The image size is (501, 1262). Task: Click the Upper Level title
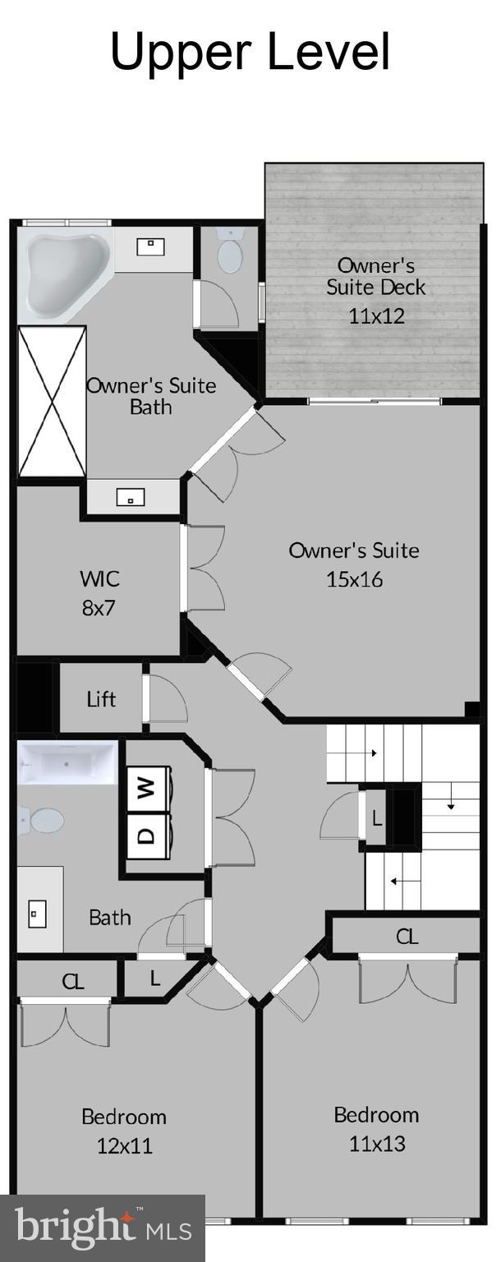coord(250,52)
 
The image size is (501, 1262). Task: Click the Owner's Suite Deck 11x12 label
coord(376,290)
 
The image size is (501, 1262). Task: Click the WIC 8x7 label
coord(99,592)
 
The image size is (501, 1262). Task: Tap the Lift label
coord(102,699)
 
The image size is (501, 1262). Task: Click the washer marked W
coord(147,790)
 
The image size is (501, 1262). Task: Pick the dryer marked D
coord(147,836)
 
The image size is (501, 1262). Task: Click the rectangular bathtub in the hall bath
coord(67,763)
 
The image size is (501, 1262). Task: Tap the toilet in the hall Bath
coord(44,819)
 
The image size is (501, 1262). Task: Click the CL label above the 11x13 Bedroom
coord(407,936)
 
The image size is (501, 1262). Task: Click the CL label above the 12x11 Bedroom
coord(74,981)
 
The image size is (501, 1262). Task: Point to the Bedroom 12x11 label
coord(123,1131)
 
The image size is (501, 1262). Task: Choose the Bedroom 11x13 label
coord(376,1129)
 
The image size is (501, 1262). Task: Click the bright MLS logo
coord(103,1229)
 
